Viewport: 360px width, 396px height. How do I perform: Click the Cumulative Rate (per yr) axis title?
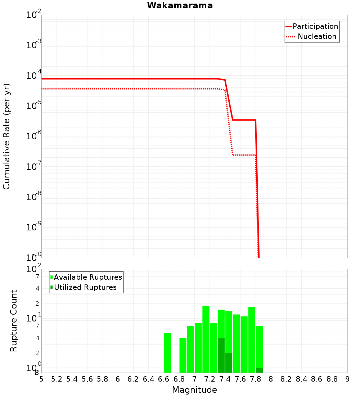(6, 136)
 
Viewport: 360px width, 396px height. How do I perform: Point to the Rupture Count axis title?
(14, 321)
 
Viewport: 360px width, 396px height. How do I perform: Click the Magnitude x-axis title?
(194, 390)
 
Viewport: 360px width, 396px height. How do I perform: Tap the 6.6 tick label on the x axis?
(164, 379)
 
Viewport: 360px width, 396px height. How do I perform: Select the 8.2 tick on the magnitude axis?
(286, 379)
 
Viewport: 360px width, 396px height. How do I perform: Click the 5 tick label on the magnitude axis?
(41, 379)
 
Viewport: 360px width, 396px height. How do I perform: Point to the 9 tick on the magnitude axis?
(347, 379)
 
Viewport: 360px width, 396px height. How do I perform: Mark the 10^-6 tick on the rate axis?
(34, 136)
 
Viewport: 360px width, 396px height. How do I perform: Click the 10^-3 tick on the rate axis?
(34, 45)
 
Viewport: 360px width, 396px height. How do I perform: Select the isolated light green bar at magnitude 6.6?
(167, 353)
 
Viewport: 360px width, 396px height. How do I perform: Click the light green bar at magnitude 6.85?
(183, 355)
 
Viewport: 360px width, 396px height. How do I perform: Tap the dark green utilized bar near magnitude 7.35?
(221, 355)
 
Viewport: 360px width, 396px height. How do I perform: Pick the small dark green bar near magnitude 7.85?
(259, 370)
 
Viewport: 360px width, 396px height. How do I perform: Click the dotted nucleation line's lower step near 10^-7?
(244, 155)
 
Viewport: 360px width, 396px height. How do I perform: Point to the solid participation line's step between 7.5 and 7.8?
(244, 120)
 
